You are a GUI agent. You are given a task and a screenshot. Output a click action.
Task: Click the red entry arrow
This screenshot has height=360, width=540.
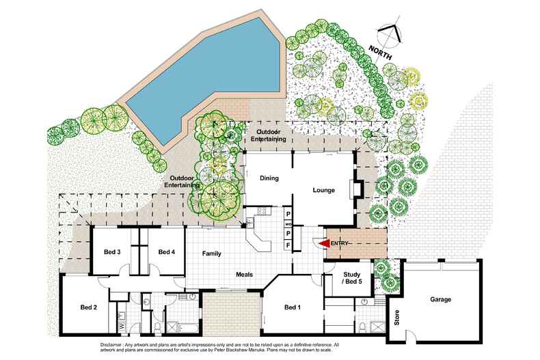click(x=323, y=243)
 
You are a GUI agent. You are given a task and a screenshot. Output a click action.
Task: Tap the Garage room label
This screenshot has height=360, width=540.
click(x=440, y=299)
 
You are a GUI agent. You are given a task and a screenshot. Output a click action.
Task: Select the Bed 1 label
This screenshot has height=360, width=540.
click(x=293, y=307)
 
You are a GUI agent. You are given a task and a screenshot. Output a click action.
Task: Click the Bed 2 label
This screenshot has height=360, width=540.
click(x=88, y=307)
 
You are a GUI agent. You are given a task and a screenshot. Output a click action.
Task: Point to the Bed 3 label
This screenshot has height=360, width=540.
click(x=112, y=252)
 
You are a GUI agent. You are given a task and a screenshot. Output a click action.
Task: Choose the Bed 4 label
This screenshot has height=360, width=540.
click(x=167, y=252)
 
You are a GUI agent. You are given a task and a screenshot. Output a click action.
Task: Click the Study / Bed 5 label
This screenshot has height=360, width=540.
click(x=351, y=278)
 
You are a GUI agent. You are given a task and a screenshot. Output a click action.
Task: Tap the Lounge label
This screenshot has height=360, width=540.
click(x=324, y=190)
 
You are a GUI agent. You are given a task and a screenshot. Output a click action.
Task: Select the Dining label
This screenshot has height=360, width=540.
click(x=269, y=178)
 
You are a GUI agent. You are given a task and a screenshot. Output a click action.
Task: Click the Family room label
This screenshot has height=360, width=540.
click(x=211, y=253)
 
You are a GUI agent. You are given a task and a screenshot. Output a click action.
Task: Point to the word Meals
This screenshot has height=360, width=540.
click(x=245, y=275)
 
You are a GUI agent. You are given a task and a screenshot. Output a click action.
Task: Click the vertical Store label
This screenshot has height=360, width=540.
click(x=397, y=318)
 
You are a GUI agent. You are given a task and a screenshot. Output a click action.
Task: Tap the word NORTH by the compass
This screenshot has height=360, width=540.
click(x=380, y=53)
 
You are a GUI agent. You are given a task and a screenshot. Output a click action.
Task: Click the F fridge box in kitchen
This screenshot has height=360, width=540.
click(x=288, y=245)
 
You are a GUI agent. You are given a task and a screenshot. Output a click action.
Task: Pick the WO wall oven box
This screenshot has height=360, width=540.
click(x=288, y=224)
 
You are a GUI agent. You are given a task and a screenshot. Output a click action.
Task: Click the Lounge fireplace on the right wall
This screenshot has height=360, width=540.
click(x=356, y=189)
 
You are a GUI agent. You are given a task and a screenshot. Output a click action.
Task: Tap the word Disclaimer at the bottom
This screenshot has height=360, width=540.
click(x=111, y=344)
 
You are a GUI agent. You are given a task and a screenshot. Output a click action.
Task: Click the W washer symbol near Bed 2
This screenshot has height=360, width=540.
click(x=122, y=326)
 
